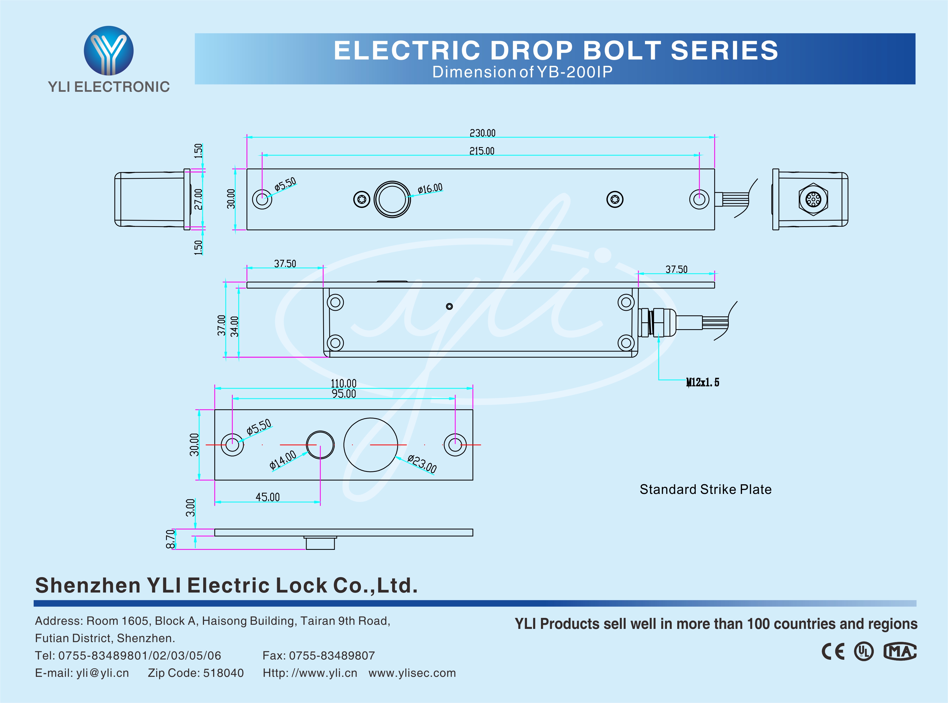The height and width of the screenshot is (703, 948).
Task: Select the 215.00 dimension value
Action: click(482, 151)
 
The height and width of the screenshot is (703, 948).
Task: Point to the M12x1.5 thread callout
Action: click(702, 382)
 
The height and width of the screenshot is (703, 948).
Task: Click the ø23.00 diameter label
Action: click(422, 463)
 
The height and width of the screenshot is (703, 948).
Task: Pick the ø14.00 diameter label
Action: click(282, 460)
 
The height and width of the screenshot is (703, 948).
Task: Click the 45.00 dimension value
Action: click(267, 497)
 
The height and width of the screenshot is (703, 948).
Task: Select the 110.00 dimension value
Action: click(343, 383)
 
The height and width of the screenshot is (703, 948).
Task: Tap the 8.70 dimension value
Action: click(170, 539)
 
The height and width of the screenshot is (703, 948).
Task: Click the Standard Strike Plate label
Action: click(705, 490)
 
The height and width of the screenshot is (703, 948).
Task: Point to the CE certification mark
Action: click(832, 651)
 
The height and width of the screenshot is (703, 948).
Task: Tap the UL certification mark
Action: click(864, 651)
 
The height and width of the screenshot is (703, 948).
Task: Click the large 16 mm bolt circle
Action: click(392, 199)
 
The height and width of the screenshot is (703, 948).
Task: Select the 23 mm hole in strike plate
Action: click(371, 445)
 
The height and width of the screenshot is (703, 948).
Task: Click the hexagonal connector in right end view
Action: click(813, 199)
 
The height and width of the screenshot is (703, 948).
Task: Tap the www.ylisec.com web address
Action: click(412, 673)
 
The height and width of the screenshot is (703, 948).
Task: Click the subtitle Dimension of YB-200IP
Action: click(522, 72)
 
